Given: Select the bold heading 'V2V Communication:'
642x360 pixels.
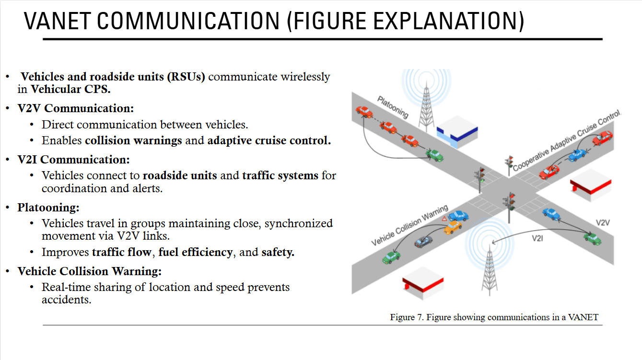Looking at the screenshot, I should point(75,108).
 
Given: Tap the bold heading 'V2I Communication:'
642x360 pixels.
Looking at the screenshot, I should point(73,159).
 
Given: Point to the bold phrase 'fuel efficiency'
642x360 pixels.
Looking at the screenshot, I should point(195,252).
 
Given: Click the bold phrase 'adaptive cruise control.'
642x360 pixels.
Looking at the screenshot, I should point(269,140).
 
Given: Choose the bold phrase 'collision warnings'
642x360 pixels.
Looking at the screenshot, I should point(133,140).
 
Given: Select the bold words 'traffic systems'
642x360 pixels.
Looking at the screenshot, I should point(280,175).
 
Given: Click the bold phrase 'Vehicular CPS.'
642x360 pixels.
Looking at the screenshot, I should point(70,89).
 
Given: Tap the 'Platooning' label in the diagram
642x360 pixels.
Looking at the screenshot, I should point(393,107).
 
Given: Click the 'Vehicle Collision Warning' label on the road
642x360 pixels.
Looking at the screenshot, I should point(409,225).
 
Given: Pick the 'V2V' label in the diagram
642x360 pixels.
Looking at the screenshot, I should point(603,223).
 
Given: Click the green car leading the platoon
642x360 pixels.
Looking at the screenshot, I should point(435,154).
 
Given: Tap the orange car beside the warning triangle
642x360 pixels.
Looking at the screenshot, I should point(453,227).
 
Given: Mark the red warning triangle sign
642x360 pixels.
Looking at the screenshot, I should point(444,219).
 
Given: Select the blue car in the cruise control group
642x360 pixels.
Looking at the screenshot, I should point(577,155).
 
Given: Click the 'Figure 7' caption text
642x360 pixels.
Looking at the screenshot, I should point(494,317).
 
